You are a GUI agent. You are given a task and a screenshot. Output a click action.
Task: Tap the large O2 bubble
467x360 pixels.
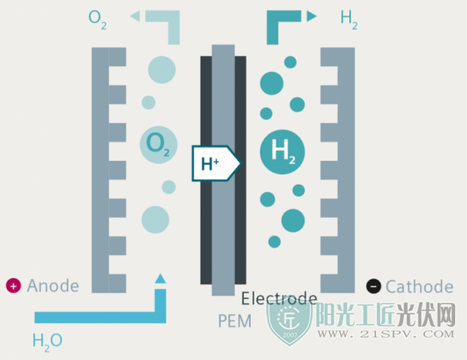point(159,145)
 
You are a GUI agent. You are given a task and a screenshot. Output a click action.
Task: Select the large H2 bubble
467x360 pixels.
point(282,152)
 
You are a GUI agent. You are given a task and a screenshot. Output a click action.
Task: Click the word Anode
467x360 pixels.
point(53,286)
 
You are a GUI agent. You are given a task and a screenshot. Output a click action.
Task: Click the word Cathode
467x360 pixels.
point(420,287)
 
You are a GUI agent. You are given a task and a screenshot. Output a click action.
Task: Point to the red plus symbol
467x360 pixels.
point(13,286)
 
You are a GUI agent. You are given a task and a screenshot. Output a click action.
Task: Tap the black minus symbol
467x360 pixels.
point(374,287)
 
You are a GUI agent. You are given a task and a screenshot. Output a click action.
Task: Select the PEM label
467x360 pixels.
point(235,321)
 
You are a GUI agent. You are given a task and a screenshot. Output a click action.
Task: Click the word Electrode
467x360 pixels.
point(279,298)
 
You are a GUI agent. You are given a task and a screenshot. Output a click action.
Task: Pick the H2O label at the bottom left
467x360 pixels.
point(47,342)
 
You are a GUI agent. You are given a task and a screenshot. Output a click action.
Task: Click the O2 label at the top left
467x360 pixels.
point(97,19)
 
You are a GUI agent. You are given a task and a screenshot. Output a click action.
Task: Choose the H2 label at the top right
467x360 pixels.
point(349,19)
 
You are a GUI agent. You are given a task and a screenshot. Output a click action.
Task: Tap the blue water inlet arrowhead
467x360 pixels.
point(160,279)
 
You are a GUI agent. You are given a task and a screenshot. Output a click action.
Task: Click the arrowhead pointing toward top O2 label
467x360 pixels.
point(135,16)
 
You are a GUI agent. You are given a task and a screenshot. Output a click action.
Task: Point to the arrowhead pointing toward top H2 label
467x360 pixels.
point(311,16)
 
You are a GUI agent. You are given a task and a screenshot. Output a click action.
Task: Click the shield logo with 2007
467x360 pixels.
point(289,322)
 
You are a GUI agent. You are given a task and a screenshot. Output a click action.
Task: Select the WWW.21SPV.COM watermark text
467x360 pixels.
point(386,334)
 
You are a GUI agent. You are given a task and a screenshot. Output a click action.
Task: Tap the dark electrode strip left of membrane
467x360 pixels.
point(206,171)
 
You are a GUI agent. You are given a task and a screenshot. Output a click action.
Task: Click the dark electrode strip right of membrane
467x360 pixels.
point(240,171)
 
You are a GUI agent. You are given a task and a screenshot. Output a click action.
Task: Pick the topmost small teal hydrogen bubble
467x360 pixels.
point(290,62)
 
